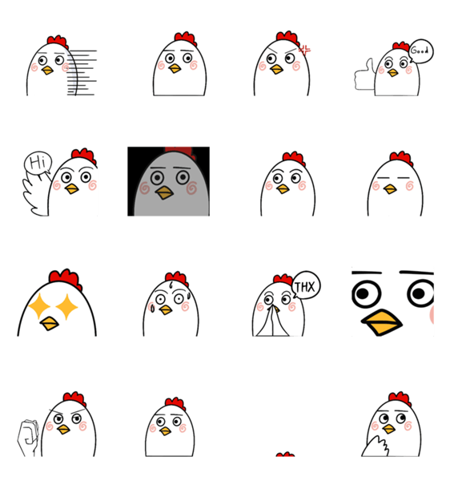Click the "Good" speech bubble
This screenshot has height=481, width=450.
click(x=421, y=51)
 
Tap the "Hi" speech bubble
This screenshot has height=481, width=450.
click(x=38, y=163)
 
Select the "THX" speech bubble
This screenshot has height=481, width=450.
click(x=306, y=285)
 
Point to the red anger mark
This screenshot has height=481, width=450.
click(x=304, y=51)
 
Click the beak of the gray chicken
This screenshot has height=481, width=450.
click(x=164, y=192)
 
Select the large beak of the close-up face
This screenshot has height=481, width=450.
click(x=382, y=322)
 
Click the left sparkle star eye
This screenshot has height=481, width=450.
click(x=39, y=306)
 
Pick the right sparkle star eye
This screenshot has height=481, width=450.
click(x=66, y=307)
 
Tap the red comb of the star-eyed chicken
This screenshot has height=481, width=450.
click(x=65, y=279)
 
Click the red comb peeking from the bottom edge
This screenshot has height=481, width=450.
click(x=285, y=455)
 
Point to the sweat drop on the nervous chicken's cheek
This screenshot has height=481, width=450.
click(x=152, y=307)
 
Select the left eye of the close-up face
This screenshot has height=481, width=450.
click(x=367, y=294)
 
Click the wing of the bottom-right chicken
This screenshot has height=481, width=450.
click(x=376, y=447)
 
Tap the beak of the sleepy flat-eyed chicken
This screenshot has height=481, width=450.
click(x=390, y=189)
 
